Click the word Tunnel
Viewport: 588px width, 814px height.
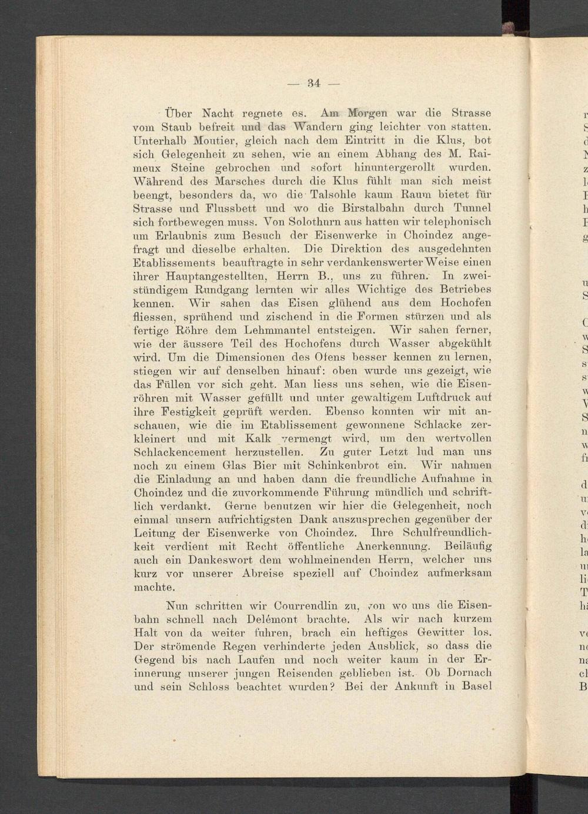[x=473, y=208]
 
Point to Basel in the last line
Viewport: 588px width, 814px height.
[x=477, y=686]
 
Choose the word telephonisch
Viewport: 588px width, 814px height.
[x=451, y=222]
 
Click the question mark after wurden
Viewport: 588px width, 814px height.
[x=332, y=686]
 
